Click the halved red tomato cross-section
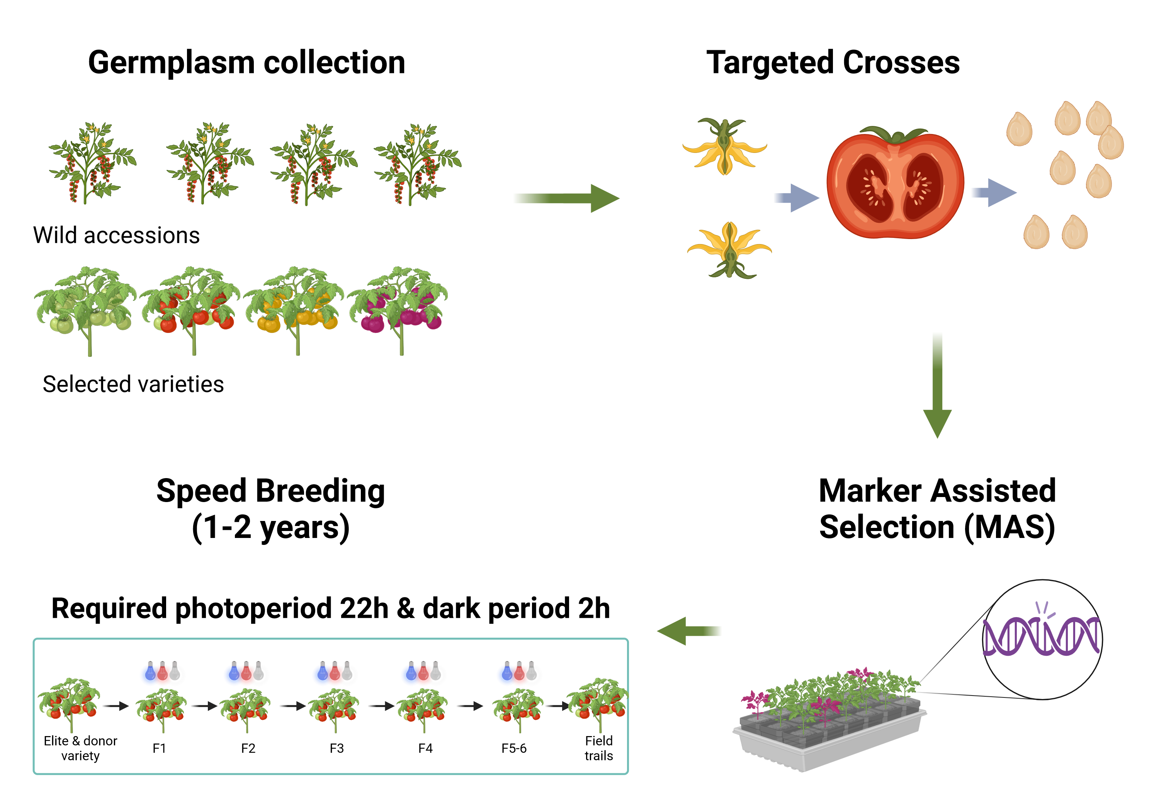[x=895, y=184]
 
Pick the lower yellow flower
[x=729, y=249]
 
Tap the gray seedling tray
[x=828, y=742]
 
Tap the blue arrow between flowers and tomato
[x=795, y=198]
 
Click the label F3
[x=337, y=748]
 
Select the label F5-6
[x=514, y=748]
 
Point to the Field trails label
[x=599, y=748]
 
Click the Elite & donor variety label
[x=80, y=748]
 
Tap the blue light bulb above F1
[x=150, y=671]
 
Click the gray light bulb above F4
[x=436, y=671]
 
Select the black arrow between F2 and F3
[x=293, y=706]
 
